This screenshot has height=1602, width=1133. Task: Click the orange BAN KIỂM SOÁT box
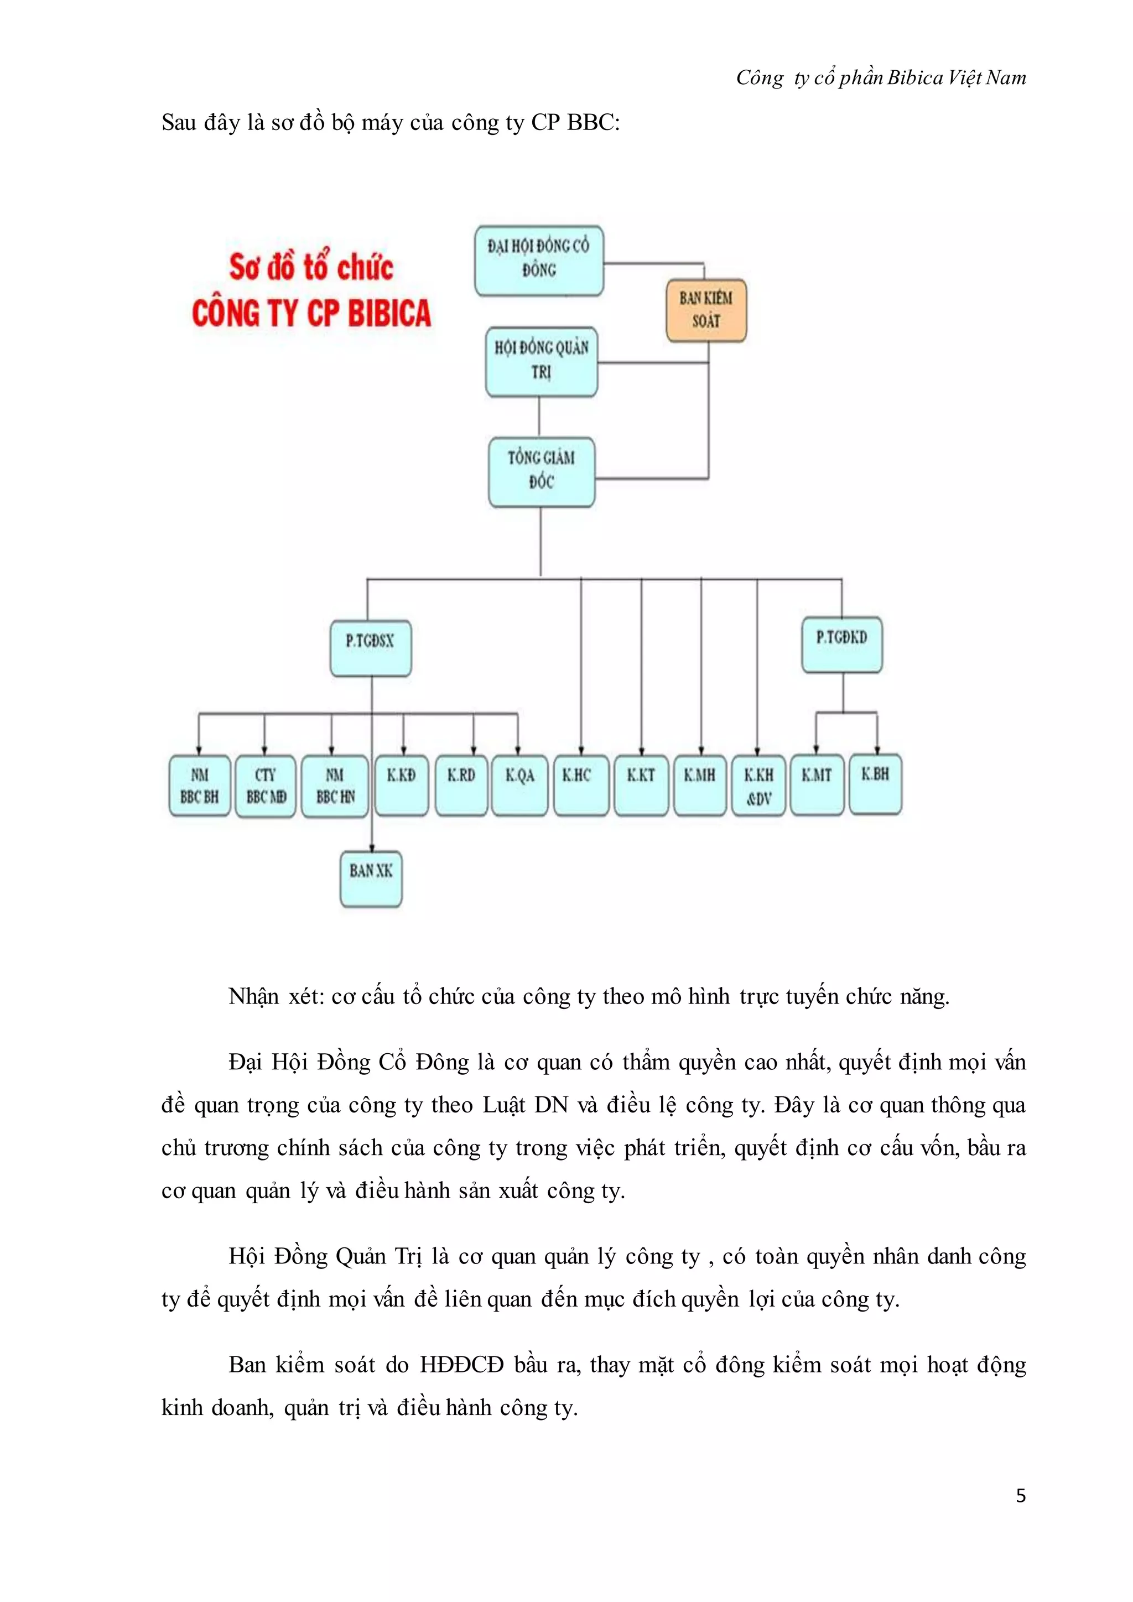click(x=706, y=310)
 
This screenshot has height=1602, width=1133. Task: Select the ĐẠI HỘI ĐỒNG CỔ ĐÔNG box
click(x=539, y=259)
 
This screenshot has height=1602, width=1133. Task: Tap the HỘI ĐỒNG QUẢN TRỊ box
click(x=542, y=361)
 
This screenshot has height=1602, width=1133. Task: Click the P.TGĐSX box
click(x=371, y=649)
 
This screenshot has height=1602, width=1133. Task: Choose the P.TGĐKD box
click(x=841, y=644)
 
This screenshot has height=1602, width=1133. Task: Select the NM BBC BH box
click(x=200, y=786)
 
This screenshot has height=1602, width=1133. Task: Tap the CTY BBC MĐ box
click(x=266, y=786)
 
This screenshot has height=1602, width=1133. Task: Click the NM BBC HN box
click(x=335, y=786)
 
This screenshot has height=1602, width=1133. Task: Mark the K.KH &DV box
click(x=758, y=786)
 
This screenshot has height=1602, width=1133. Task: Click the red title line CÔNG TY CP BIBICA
click(x=312, y=313)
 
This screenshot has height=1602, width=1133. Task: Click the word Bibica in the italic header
click(x=916, y=77)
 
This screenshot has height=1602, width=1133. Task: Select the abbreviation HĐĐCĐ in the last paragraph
click(x=461, y=1364)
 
